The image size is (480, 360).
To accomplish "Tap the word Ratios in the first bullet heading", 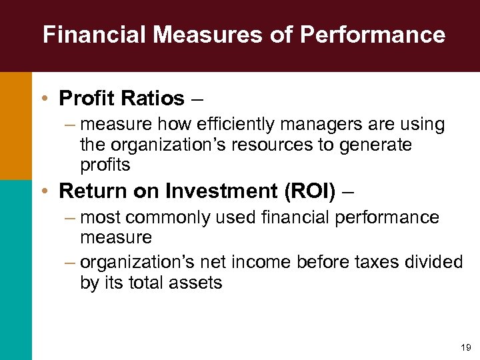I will click(x=154, y=99).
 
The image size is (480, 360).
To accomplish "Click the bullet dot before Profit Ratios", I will click(x=43, y=99).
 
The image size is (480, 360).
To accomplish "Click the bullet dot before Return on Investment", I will click(x=43, y=191).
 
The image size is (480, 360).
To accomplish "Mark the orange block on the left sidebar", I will click(x=15, y=125).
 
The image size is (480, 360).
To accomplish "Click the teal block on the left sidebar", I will click(x=15, y=269).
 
